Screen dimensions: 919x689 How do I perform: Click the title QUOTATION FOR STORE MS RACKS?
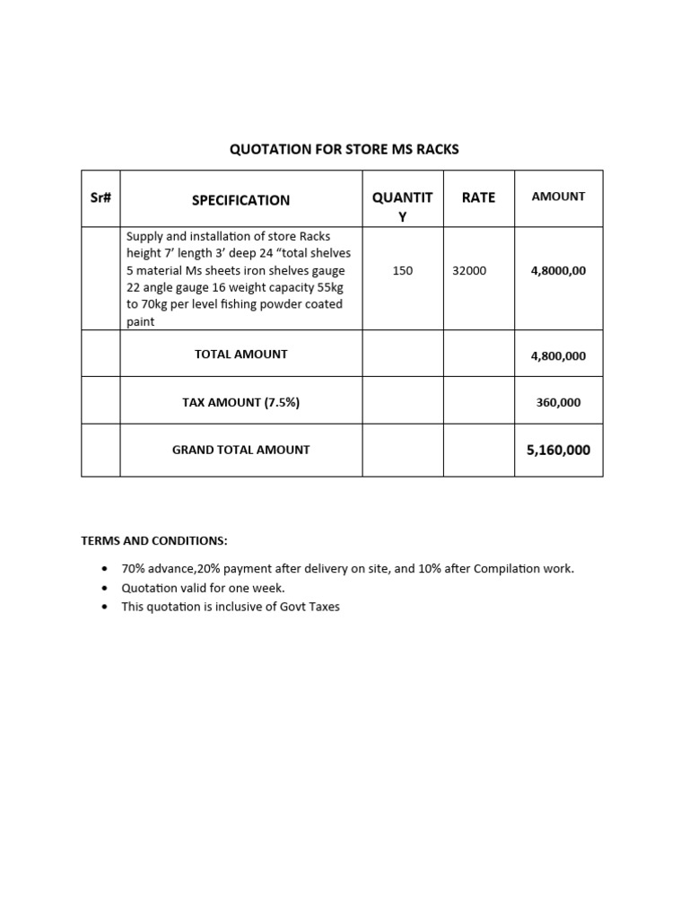point(344,149)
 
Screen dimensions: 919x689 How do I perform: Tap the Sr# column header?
point(100,197)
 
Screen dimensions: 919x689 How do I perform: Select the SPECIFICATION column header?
point(240,200)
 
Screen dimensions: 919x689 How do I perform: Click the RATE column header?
point(478,197)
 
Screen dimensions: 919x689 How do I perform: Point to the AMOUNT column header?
point(558,197)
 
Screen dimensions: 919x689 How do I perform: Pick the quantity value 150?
point(403,270)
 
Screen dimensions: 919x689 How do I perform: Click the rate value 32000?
point(469,270)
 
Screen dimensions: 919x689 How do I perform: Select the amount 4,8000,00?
point(558,270)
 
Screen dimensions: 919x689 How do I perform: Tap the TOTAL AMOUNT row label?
point(240,354)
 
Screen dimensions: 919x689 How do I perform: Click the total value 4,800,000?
point(558,356)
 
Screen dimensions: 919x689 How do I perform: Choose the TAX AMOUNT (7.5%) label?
point(240,403)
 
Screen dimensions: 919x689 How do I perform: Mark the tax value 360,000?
point(558,403)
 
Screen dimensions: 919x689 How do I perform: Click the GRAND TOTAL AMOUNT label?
point(240,450)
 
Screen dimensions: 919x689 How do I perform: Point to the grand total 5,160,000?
point(558,450)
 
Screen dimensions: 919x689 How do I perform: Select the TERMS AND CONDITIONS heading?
point(154,541)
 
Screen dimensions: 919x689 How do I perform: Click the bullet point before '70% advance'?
point(105,569)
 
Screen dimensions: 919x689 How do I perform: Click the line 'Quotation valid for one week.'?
point(203,588)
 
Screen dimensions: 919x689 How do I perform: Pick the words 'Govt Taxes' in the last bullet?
point(310,607)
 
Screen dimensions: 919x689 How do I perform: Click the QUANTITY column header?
point(403,207)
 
